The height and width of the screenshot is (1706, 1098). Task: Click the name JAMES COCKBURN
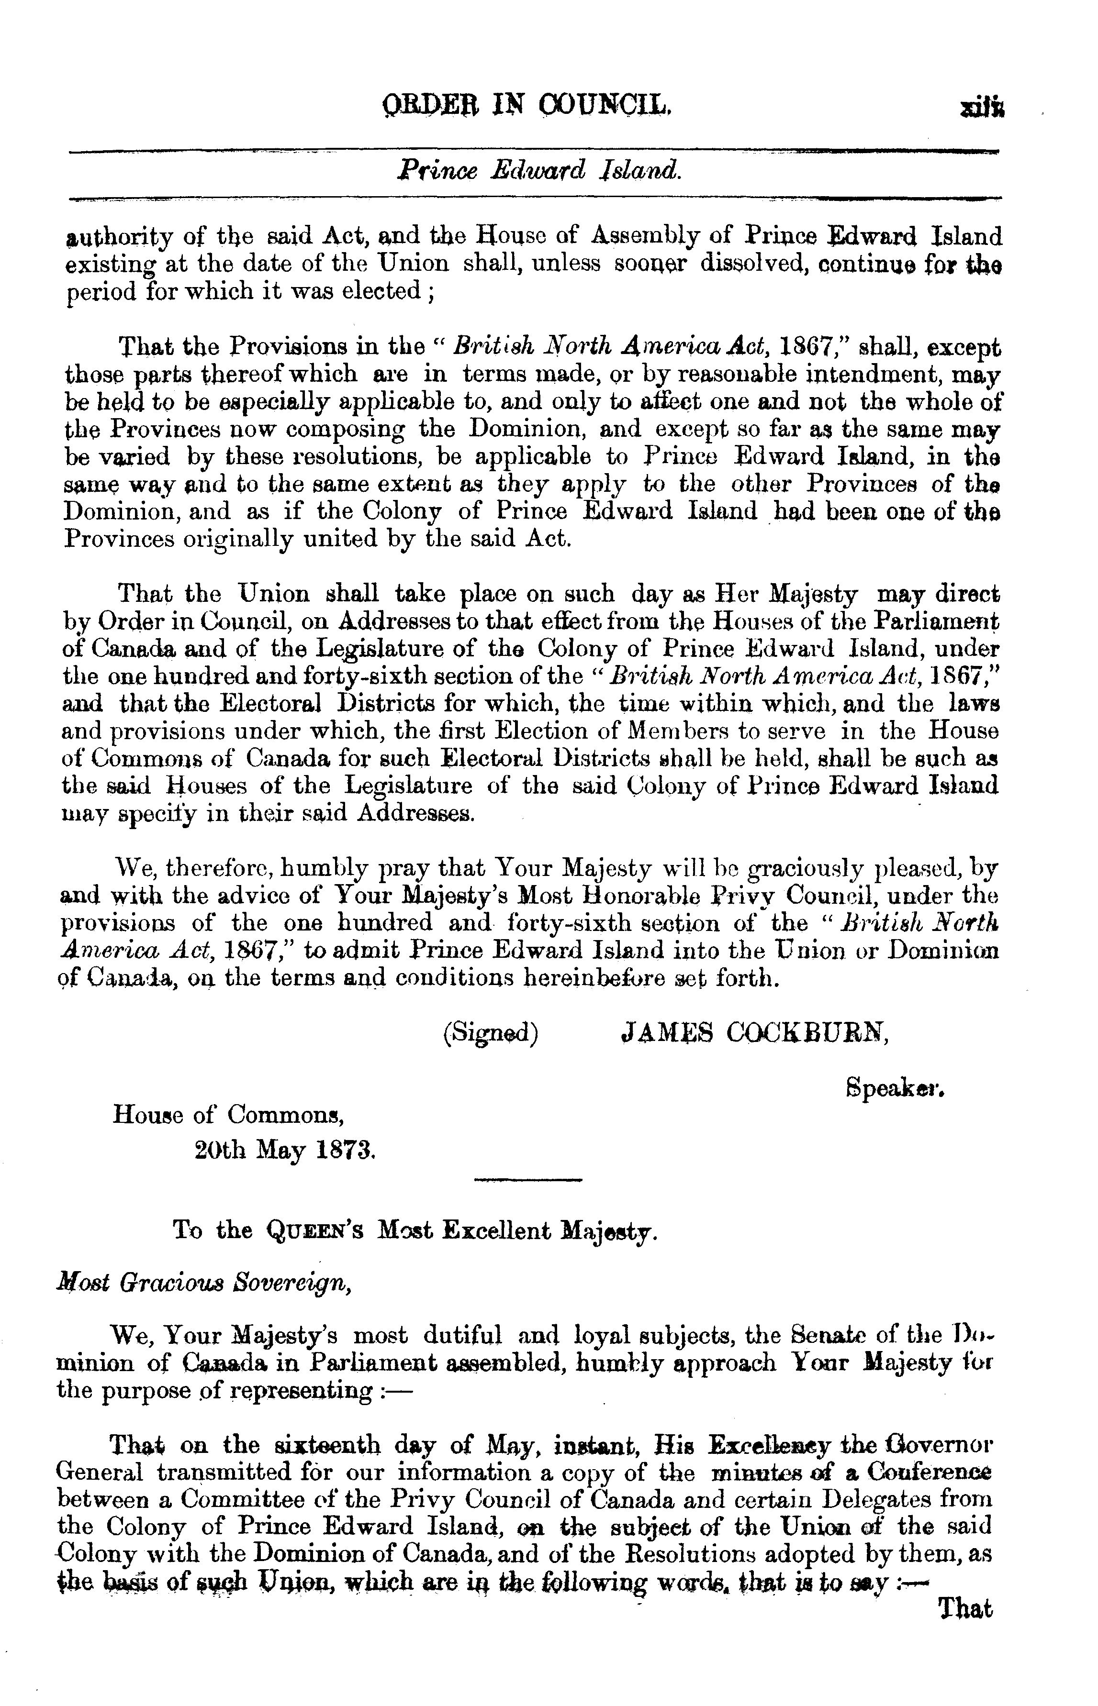click(x=755, y=1034)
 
